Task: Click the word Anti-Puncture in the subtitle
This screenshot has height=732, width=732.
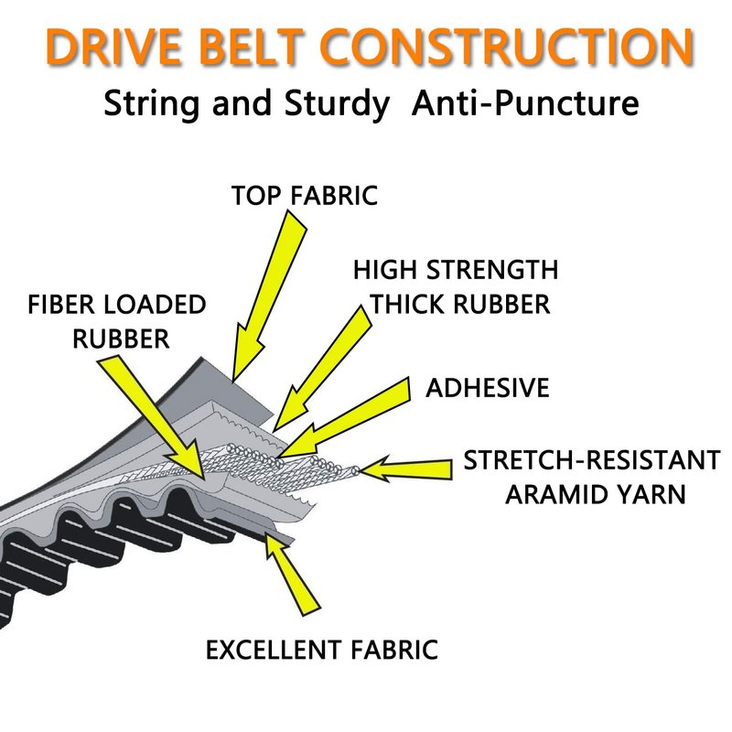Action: click(525, 102)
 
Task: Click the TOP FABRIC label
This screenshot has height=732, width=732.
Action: click(304, 196)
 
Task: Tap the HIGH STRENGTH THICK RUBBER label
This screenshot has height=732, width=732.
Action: click(455, 287)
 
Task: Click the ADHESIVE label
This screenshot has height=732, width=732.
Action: click(488, 387)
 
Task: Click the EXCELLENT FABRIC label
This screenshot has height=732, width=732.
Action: click(321, 651)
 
